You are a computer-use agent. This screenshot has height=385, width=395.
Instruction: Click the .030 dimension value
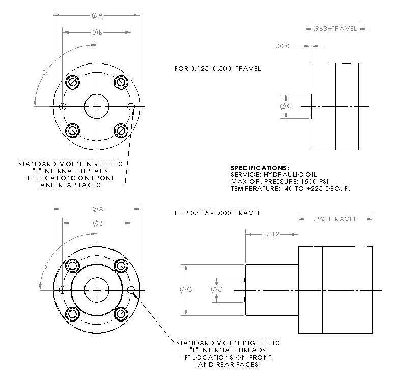pos(283,46)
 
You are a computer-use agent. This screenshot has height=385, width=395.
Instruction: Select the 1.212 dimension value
pos(271,234)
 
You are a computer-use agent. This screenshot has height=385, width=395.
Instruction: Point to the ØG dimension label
pos(186,289)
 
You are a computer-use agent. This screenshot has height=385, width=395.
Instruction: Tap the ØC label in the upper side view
pos(286,106)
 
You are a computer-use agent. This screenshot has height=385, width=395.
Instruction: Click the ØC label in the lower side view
pos(217,289)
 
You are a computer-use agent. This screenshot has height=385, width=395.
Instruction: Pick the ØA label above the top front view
pos(98,16)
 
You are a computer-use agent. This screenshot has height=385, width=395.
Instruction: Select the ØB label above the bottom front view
pos(98,223)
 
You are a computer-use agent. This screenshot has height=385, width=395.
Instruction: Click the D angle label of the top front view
pos(45,73)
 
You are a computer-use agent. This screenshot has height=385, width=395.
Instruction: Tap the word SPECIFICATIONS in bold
pos(260,168)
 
